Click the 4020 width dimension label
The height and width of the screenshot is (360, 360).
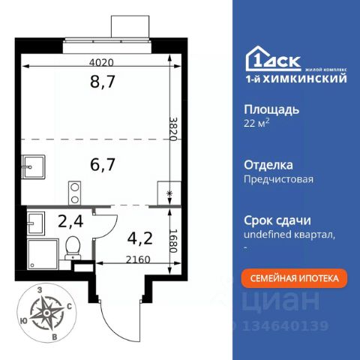tap(101, 62)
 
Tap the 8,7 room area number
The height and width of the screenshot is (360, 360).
tap(103, 82)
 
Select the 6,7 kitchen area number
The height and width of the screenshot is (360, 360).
tap(103, 164)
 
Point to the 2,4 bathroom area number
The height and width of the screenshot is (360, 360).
tap(70, 221)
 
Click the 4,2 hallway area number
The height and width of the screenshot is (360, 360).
tap(140, 238)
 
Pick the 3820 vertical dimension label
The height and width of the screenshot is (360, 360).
tap(173, 129)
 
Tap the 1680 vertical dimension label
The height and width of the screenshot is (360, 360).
tap(173, 241)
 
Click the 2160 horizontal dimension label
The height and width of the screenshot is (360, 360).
tap(138, 260)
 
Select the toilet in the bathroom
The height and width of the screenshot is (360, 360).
tap(73, 248)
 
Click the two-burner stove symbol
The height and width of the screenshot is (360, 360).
tap(75, 193)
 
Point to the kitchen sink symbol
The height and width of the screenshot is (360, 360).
tap(33, 167)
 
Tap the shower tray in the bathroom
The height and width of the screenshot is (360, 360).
tap(43, 254)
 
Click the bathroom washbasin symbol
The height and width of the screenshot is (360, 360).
tap(36, 223)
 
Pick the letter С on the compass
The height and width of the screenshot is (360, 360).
tap(69, 307)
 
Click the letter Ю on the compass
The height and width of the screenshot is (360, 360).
tap(24, 321)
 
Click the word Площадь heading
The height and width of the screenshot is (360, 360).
tap(271, 110)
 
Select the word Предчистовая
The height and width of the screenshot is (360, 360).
tap(278, 179)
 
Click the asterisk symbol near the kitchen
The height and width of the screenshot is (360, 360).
tap(169, 193)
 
